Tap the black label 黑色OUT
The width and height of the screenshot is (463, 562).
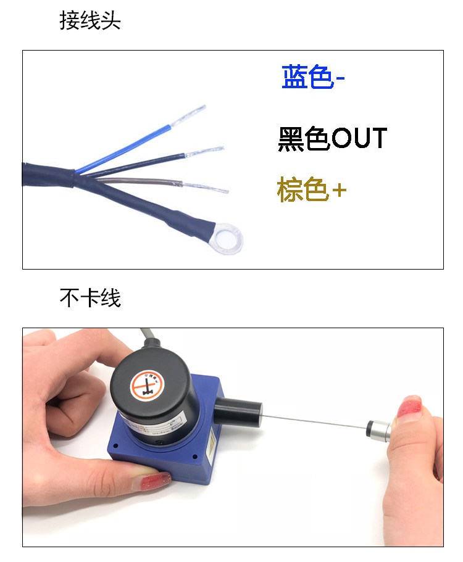click(x=332, y=139)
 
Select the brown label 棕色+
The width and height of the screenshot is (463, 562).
click(x=311, y=190)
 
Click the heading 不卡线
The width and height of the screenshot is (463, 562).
click(x=90, y=298)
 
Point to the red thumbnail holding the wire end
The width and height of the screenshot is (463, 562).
click(x=410, y=407)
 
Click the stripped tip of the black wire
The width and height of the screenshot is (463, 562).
click(x=204, y=152)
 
